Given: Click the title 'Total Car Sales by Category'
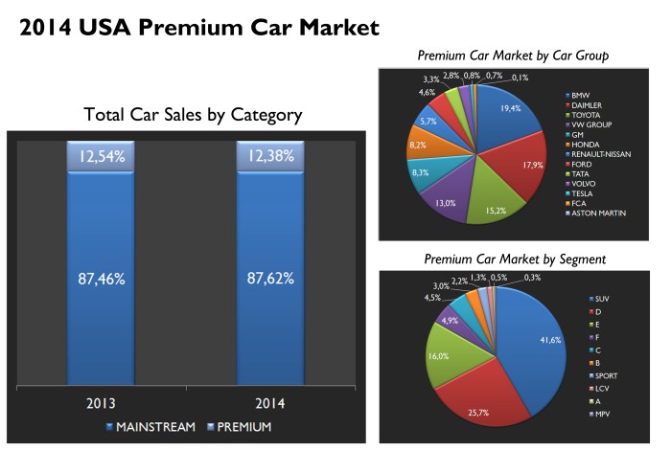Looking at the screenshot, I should tap(193, 115).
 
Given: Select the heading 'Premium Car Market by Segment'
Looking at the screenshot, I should tap(515, 259).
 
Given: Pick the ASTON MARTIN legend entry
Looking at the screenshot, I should tap(598, 213).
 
